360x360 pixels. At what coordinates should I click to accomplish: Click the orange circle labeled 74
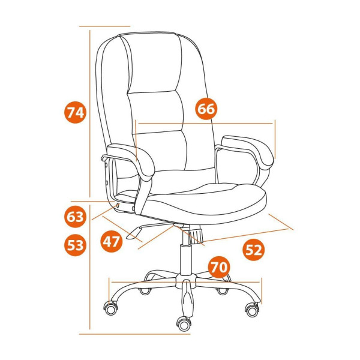[75, 112]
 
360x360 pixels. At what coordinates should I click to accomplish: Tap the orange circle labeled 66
[206, 109]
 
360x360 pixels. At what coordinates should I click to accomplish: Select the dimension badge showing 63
[75, 217]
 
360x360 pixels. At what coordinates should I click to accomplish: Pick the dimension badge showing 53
[75, 245]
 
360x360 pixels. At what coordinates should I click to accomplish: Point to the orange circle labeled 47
[111, 242]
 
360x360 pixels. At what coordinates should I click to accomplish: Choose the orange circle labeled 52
[253, 250]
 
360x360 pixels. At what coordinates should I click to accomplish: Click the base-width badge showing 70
[219, 267]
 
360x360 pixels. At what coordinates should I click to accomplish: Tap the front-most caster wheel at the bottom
[184, 324]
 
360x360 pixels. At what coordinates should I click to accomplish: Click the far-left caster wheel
[111, 308]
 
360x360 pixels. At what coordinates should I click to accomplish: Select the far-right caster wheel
[252, 310]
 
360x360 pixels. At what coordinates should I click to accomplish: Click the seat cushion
[202, 200]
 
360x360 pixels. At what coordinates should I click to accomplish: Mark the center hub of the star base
[186, 280]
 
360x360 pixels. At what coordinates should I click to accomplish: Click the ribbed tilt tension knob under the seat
[196, 233]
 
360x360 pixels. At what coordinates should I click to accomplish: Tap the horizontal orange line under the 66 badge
[205, 123]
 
